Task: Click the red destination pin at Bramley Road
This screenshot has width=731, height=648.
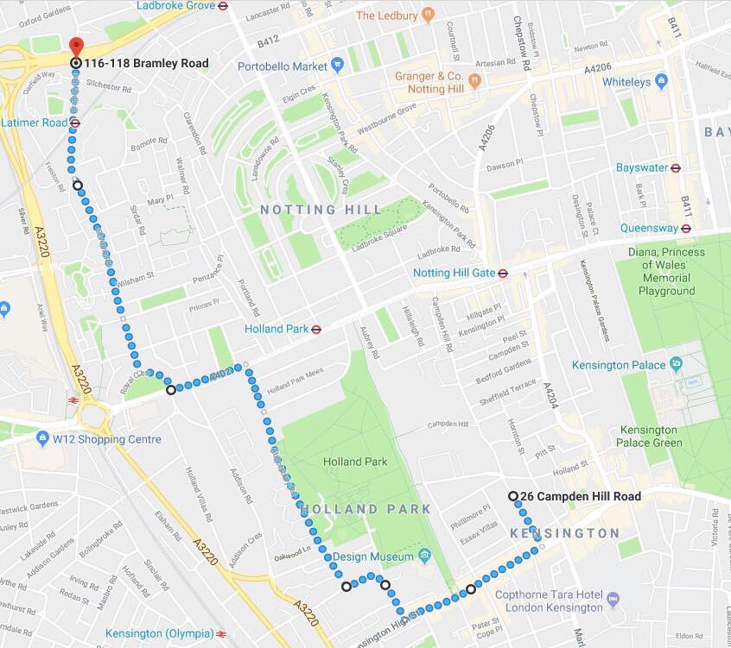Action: point(76,47)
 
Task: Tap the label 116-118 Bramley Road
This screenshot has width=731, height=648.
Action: point(146,63)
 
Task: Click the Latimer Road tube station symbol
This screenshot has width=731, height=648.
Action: point(75,123)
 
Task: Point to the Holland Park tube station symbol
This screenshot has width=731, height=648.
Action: point(316,328)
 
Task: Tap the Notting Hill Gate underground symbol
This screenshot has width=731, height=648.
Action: point(503,273)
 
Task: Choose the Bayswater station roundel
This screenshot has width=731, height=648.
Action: point(676,168)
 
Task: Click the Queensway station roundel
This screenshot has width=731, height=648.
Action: point(686,229)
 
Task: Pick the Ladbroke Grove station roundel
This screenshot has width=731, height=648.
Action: point(223,4)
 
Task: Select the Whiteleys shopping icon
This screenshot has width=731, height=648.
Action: point(662,82)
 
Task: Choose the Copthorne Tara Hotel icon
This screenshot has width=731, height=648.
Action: point(613,599)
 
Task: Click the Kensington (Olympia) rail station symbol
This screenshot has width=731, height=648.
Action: point(222,634)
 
